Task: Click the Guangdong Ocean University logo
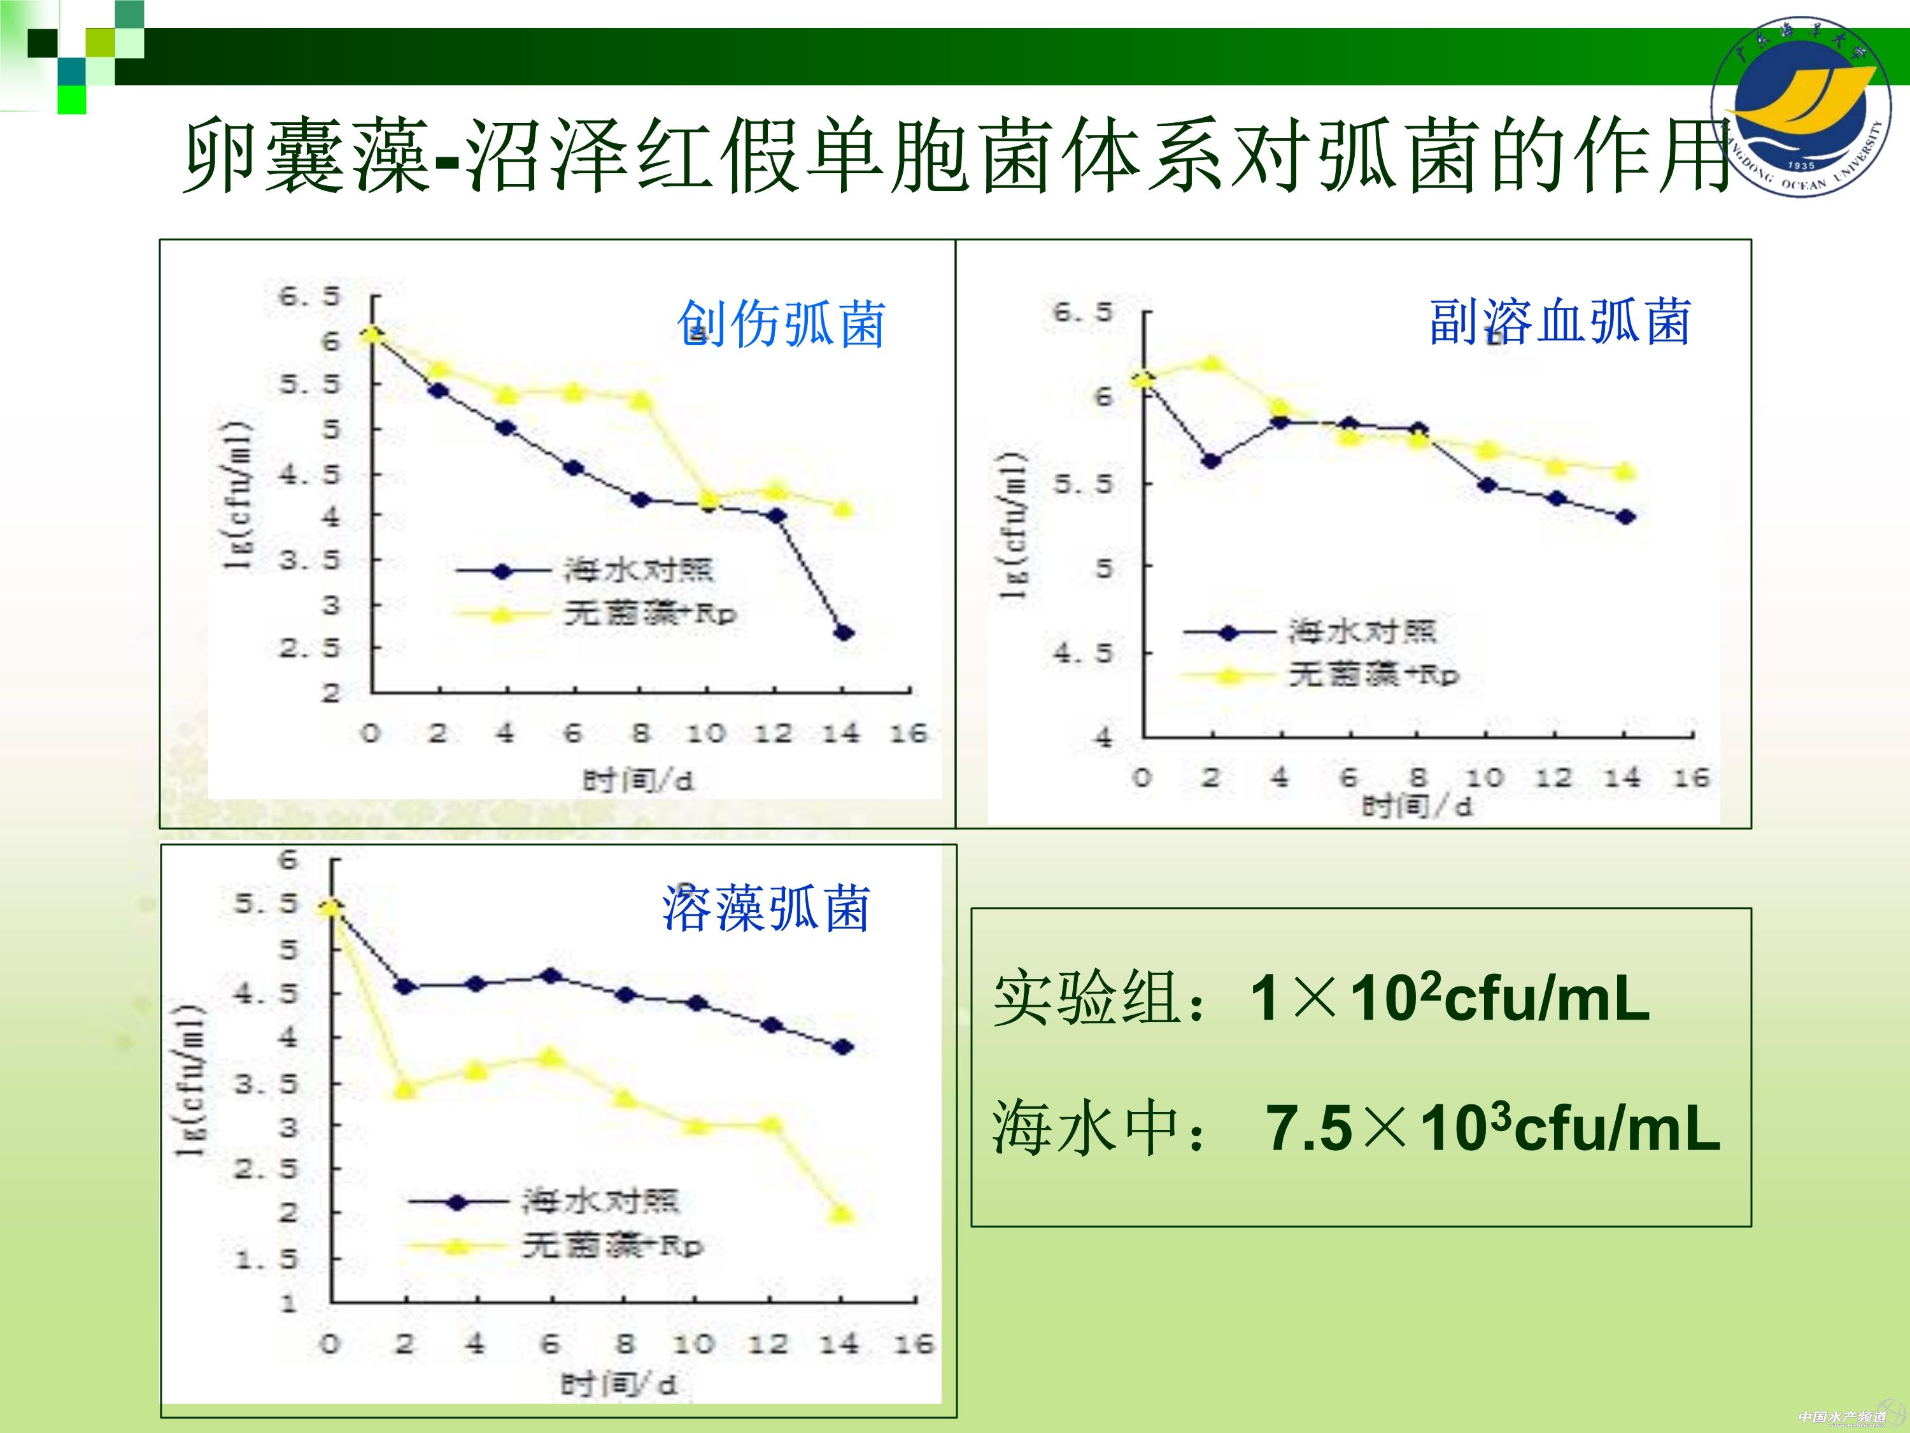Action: coord(1801,105)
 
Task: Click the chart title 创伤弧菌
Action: coord(781,325)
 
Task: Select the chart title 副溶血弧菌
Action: coord(1559,322)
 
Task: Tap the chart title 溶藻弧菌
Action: coord(766,909)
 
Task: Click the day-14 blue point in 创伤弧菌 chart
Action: coord(844,633)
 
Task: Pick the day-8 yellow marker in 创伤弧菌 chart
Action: coord(640,400)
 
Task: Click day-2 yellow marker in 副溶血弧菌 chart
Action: coord(1212,363)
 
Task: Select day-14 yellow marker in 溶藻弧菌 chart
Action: coord(842,1215)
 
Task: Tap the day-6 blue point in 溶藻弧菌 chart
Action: coord(551,976)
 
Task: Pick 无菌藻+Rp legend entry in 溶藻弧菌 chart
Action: coord(612,1246)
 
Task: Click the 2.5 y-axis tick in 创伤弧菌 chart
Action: coord(309,648)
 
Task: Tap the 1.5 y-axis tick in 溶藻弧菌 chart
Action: coord(266,1259)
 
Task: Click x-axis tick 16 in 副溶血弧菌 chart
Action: coord(1691,778)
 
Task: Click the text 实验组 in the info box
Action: coord(1086,999)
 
